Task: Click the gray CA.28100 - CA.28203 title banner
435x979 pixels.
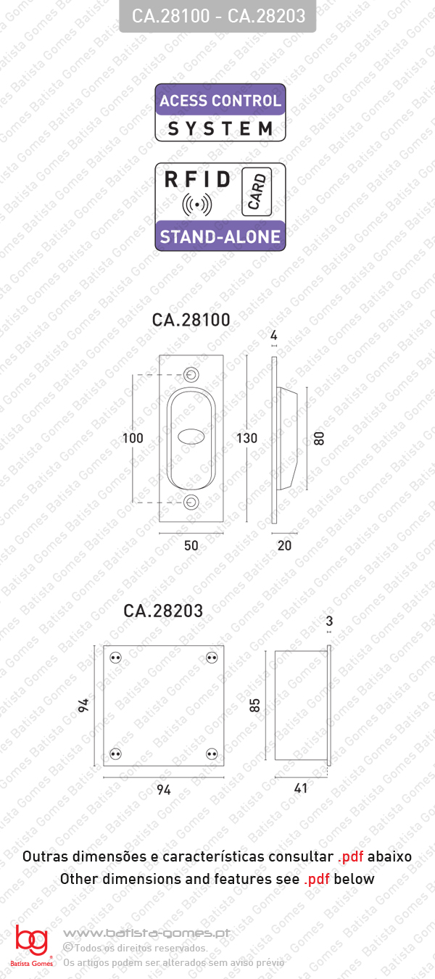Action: click(x=217, y=16)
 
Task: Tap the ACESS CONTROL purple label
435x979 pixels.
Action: click(x=220, y=100)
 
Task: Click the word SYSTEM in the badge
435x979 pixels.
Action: click(x=220, y=129)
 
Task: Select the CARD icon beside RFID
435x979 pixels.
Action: click(x=257, y=191)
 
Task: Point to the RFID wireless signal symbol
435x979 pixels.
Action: click(x=197, y=204)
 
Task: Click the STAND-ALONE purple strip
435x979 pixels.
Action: click(x=220, y=236)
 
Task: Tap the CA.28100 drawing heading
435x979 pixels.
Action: click(x=191, y=320)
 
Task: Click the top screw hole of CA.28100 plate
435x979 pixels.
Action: click(x=191, y=374)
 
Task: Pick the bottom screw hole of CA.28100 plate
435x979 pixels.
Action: click(x=191, y=503)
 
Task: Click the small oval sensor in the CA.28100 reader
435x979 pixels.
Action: click(x=191, y=436)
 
